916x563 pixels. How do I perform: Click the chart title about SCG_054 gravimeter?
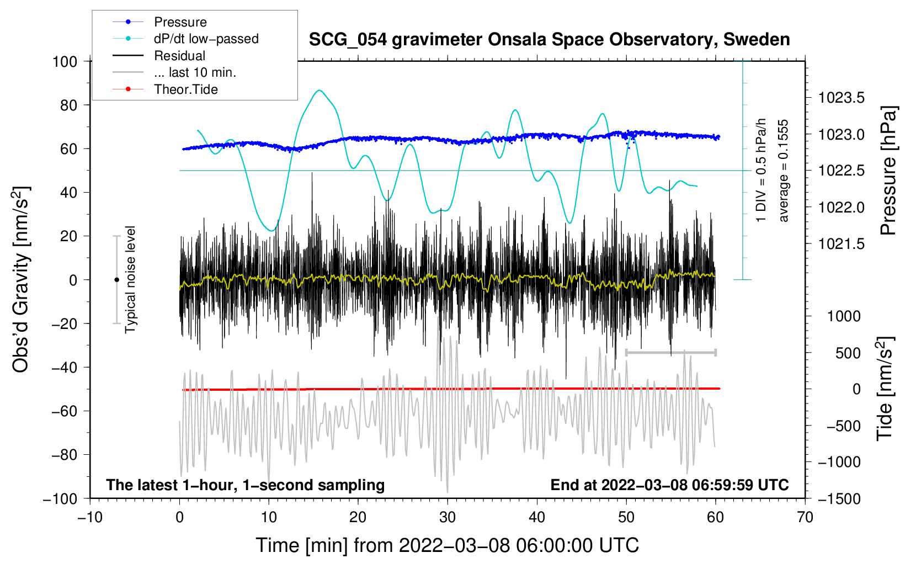pyautogui.click(x=549, y=40)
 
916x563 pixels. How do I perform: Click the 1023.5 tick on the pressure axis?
pyautogui.click(x=841, y=98)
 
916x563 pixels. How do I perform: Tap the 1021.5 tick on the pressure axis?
pyautogui.click(x=841, y=244)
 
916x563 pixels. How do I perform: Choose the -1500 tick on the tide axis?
pyautogui.click(x=839, y=498)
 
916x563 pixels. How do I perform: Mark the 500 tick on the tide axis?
pyautogui.click(x=848, y=353)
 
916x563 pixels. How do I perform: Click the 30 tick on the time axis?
pyautogui.click(x=448, y=517)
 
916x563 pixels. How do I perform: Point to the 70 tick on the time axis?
pyautogui.click(x=805, y=517)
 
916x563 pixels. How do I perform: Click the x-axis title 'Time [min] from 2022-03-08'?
pyautogui.click(x=448, y=545)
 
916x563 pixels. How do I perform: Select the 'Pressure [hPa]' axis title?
pyautogui.click(x=888, y=171)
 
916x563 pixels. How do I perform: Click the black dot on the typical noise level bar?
pyautogui.click(x=116, y=280)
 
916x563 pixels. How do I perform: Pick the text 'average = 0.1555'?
pyautogui.click(x=784, y=171)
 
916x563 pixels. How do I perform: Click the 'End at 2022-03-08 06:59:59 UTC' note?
pyautogui.click(x=669, y=485)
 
